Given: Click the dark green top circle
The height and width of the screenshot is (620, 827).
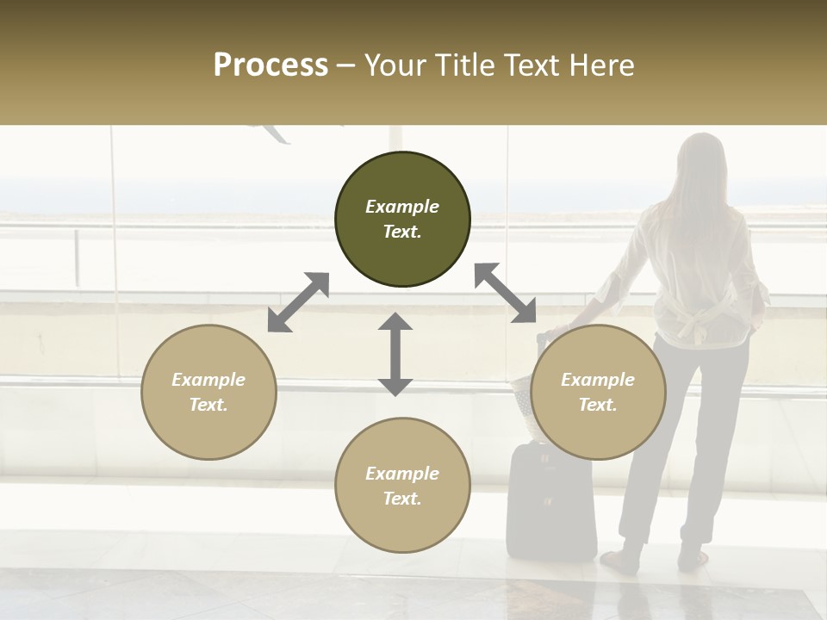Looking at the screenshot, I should pos(402,220).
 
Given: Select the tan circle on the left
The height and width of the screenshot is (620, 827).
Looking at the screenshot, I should pos(208,392).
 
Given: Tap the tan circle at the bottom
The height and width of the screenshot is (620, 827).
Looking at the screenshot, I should pos(402,486).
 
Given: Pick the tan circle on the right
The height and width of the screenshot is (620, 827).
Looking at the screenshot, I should pos(598,392).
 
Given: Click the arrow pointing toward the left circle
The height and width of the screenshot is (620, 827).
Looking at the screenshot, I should pos(298,302).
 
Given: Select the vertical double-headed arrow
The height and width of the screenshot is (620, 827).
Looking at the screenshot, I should pos(395,354).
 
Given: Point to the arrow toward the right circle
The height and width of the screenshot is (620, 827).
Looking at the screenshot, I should pos(505,293).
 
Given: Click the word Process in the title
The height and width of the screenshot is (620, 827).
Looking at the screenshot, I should pos(270,65).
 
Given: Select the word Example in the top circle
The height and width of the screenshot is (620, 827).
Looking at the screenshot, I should pos(402,207).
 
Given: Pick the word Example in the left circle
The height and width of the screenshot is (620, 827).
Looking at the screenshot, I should pos(208,380).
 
